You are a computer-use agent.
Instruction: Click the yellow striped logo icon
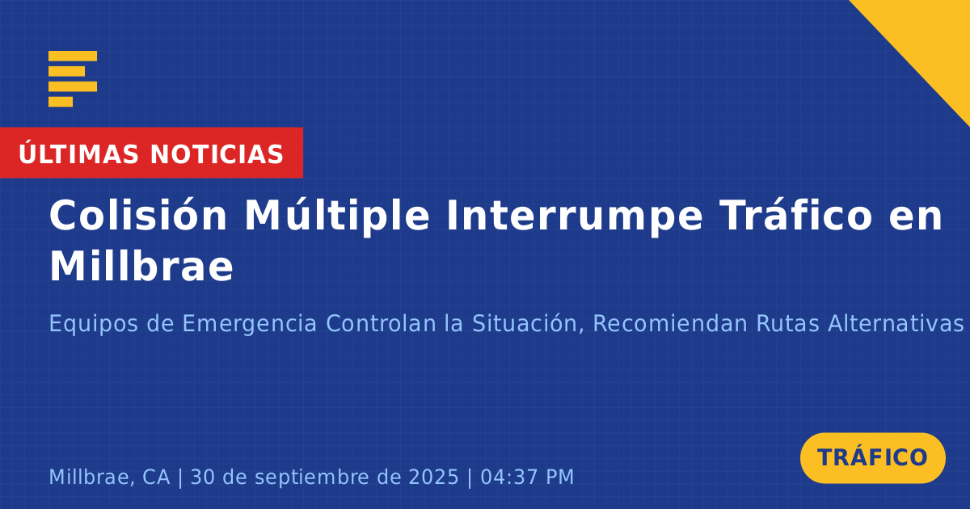[73, 79]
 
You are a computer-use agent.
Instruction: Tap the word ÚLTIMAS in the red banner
[78, 154]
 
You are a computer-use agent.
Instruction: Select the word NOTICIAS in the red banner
[217, 154]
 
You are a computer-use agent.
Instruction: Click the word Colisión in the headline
[137, 215]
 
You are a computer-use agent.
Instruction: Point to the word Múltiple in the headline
[337, 216]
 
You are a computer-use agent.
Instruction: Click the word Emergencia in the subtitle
[250, 324]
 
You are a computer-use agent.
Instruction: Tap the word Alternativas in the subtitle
[896, 323]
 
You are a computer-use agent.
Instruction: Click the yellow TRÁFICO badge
[872, 458]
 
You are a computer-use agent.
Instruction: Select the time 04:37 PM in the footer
[527, 477]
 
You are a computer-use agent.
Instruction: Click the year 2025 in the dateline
[433, 477]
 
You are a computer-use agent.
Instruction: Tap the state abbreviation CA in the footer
[156, 477]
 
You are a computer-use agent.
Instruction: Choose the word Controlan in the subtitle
[381, 323]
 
